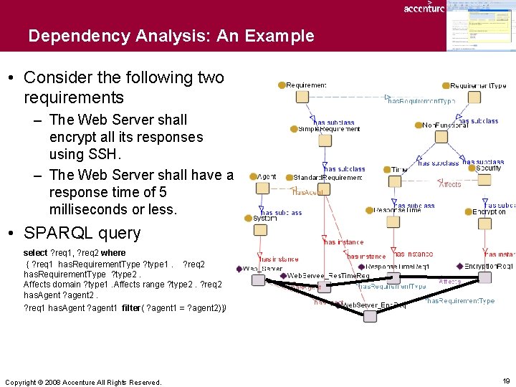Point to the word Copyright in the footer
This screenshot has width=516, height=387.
click(x=21, y=383)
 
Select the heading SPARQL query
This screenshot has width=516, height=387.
click(x=82, y=233)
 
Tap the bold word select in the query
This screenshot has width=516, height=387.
click(x=35, y=253)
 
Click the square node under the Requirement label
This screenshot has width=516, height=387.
click(x=302, y=96)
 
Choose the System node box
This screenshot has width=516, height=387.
click(x=260, y=229)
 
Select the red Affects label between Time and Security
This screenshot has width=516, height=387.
click(x=450, y=184)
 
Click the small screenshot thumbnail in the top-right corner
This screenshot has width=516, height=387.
click(x=480, y=26)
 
